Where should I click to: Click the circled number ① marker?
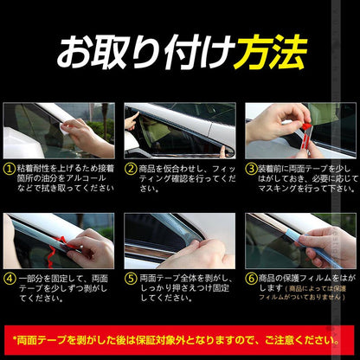[9, 170]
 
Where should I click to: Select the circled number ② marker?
[131, 170]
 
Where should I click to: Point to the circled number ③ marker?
[251, 170]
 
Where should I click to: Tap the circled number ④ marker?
[9, 279]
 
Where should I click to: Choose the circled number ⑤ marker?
[131, 279]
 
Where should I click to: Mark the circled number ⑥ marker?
[251, 279]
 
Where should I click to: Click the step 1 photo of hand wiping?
[58, 130]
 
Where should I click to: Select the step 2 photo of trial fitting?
[179, 130]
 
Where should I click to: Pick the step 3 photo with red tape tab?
[300, 130]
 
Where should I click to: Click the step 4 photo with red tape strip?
[58, 240]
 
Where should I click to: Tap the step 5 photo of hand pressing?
[179, 240]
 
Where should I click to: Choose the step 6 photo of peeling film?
[300, 240]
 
